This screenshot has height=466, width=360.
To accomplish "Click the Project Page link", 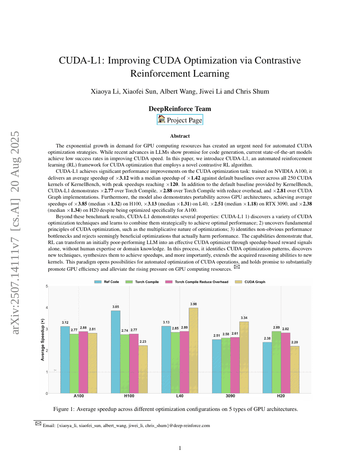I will pyautogui.click(x=184, y=120).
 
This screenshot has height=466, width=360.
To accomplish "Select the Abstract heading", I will pyautogui.click(x=180, y=136).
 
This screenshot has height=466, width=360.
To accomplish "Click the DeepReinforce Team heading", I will pyautogui.click(x=180, y=109).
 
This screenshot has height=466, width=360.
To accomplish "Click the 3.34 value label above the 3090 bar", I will pyautogui.click(x=244, y=318).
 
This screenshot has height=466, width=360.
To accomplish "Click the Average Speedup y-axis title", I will pyautogui.click(x=42, y=340).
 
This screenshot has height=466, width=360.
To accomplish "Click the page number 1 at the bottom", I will pyautogui.click(x=180, y=448).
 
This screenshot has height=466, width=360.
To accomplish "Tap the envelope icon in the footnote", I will pyautogui.click(x=38, y=423).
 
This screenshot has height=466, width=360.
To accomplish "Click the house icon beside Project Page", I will pyautogui.click(x=161, y=119).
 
